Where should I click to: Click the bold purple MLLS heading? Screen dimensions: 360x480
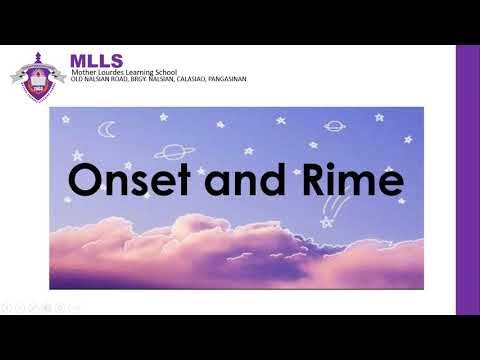(x=93, y=61)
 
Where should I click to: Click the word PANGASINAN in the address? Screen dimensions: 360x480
(x=224, y=79)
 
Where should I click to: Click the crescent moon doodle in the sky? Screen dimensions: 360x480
(x=107, y=129)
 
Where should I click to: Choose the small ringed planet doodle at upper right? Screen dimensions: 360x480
(x=334, y=127)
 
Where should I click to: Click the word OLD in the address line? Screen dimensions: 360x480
(x=75, y=79)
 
